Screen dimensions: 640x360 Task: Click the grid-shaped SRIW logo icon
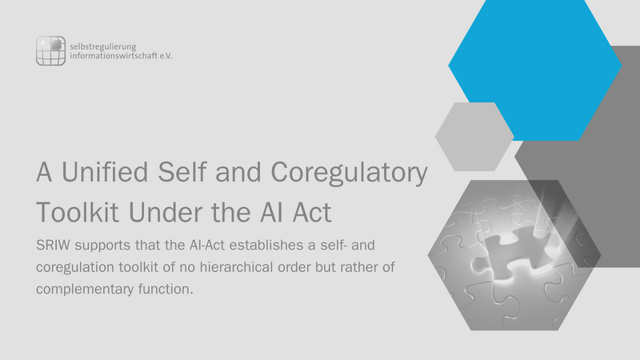(50, 50)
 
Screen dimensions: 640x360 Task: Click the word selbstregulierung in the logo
(103, 46)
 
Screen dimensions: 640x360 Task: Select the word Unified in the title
(105, 172)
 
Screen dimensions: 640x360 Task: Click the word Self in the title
(182, 172)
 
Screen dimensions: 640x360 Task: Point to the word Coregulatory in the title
(349, 173)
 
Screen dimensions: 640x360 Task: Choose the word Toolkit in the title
(78, 212)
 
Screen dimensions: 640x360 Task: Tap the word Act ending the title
(312, 212)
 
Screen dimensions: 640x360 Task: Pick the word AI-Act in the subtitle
(206, 246)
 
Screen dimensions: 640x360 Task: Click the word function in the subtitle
(166, 289)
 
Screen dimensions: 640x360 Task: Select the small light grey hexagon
(474, 137)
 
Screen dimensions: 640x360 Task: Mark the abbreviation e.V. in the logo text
(166, 56)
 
